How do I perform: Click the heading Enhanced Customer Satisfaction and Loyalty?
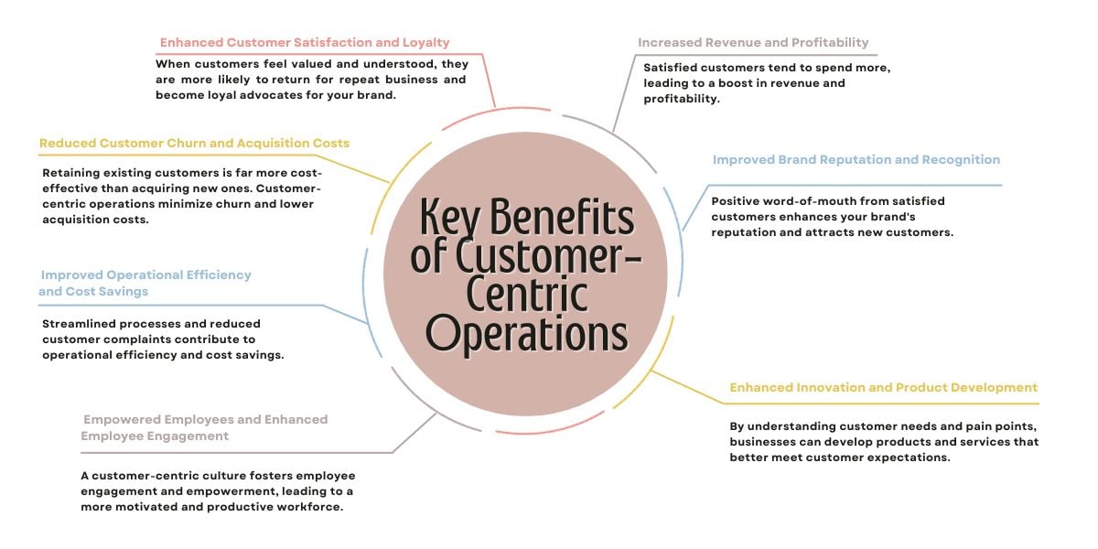click(305, 43)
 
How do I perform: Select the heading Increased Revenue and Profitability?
click(753, 43)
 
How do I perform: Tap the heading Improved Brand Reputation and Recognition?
click(856, 159)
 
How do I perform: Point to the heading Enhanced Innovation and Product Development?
click(883, 387)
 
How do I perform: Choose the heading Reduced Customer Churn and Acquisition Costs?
click(194, 144)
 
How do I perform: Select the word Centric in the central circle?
click(527, 295)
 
